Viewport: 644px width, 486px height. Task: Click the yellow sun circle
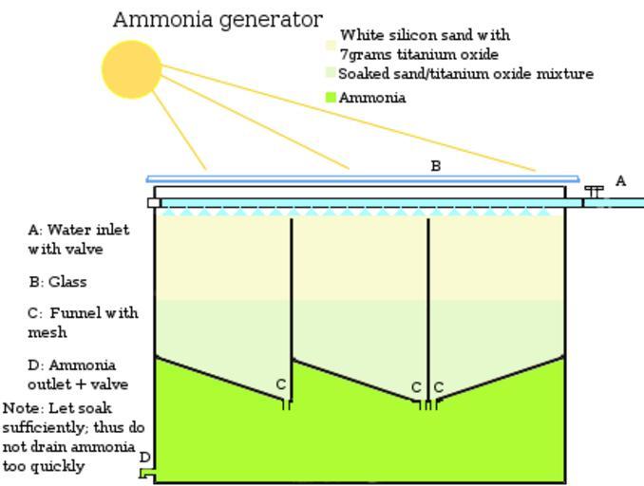pyautogui.click(x=132, y=69)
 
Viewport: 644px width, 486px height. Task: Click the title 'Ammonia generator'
pyautogui.click(x=218, y=19)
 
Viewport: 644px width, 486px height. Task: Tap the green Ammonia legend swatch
pyautogui.click(x=331, y=97)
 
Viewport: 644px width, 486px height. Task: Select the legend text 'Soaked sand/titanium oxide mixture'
pyautogui.click(x=465, y=73)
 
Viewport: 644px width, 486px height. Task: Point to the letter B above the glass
pyautogui.click(x=436, y=166)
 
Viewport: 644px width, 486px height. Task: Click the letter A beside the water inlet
pyautogui.click(x=621, y=180)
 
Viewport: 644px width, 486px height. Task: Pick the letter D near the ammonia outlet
pyautogui.click(x=145, y=457)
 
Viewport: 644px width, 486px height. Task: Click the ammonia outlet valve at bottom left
pyautogui.click(x=146, y=472)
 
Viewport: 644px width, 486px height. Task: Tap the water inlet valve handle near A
pyautogui.click(x=595, y=191)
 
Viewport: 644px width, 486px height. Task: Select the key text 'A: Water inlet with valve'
pyautogui.click(x=79, y=239)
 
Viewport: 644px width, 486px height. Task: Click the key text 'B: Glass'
pyautogui.click(x=58, y=282)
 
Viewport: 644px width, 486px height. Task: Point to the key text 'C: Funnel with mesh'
pyautogui.click(x=83, y=322)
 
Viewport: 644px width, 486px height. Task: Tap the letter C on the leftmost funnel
pyautogui.click(x=281, y=384)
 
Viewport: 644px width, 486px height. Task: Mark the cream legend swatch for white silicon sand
pyautogui.click(x=331, y=45)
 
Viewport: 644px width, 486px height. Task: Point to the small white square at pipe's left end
pyautogui.click(x=153, y=202)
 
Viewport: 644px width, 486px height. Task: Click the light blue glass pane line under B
pyautogui.click(x=362, y=178)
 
